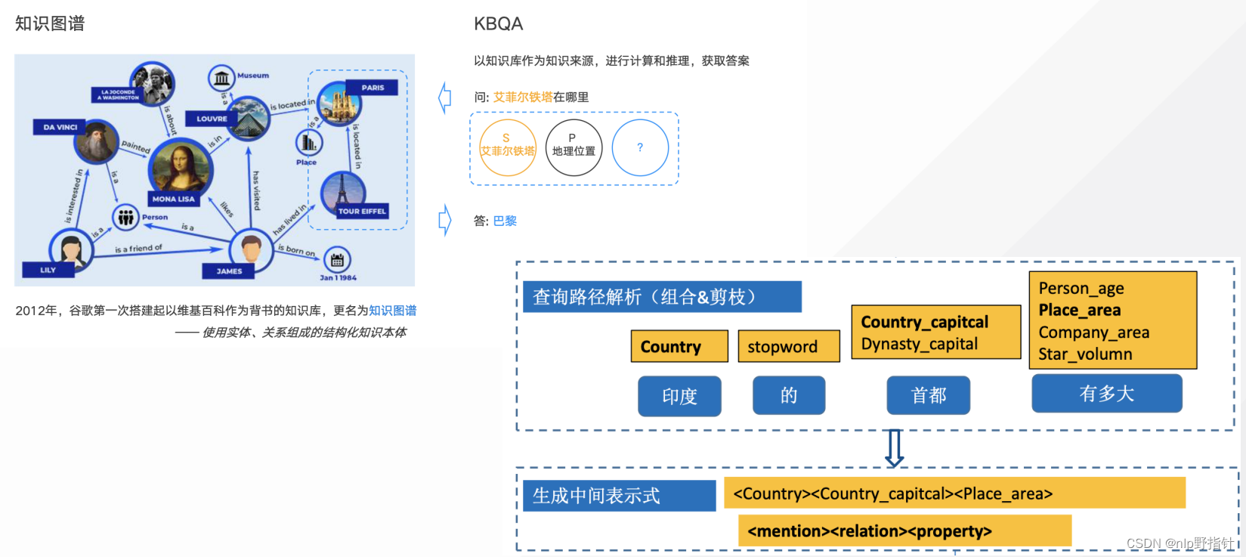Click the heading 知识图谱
[50, 23]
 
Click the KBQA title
[498, 24]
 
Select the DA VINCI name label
[60, 127]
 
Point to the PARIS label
[372, 88]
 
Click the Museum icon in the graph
[221, 77]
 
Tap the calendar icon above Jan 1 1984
[337, 260]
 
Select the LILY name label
[48, 270]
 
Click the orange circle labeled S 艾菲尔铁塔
[507, 147]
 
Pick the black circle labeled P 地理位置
[574, 147]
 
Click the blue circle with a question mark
[640, 147]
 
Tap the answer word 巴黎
[505, 221]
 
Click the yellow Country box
[679, 346]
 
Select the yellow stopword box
[788, 346]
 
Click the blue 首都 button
[928, 395]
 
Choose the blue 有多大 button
[1106, 393]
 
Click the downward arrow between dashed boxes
[894, 448]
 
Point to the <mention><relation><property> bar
[904, 531]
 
